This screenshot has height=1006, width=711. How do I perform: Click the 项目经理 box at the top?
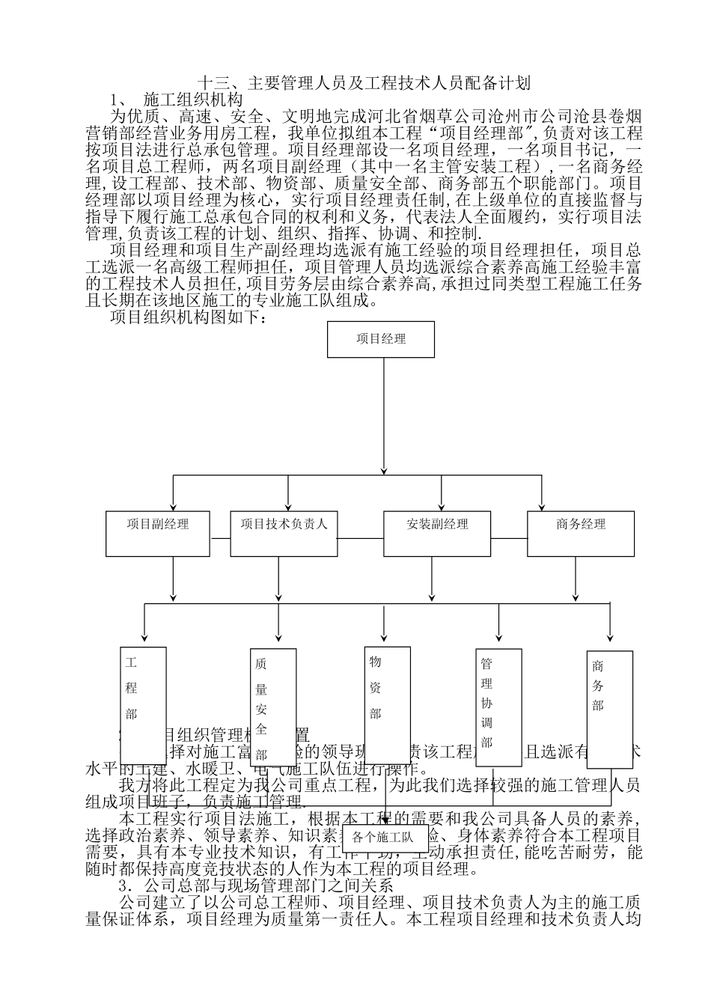381,339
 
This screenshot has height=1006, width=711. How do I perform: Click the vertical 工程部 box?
143,703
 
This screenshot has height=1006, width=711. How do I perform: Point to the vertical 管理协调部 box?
498,707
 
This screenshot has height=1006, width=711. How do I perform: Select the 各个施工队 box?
383,838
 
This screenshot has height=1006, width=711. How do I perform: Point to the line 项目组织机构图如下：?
188,318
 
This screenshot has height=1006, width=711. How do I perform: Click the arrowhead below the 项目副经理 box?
173,596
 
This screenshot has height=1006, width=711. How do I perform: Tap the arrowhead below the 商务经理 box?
576,596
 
